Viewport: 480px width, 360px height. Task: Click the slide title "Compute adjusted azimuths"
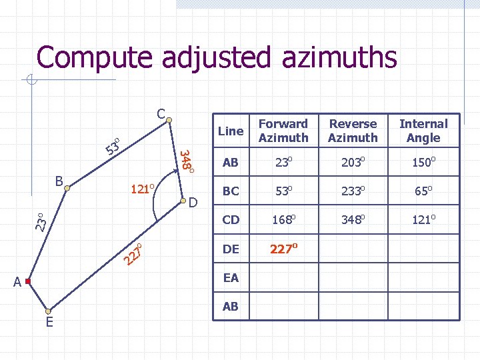(x=217, y=58)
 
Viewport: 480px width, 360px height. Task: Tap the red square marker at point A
(x=28, y=282)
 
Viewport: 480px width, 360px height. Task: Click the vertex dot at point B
(x=67, y=189)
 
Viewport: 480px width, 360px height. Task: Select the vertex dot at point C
(x=170, y=121)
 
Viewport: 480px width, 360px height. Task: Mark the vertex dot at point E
(x=48, y=311)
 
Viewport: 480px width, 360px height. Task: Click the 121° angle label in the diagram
(x=143, y=189)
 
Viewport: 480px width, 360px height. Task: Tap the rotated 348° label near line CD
(x=187, y=161)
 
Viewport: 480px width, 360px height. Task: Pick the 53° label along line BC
(x=115, y=145)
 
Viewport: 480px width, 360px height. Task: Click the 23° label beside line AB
(x=41, y=221)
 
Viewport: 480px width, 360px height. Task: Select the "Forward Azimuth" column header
(x=283, y=131)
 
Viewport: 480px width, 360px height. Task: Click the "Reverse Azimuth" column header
(x=353, y=131)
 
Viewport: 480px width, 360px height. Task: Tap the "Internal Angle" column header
(x=423, y=131)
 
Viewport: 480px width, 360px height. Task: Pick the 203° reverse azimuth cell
(x=353, y=161)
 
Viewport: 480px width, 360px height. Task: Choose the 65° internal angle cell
(x=423, y=191)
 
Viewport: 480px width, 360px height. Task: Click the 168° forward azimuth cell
(x=283, y=219)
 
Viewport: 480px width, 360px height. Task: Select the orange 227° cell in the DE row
(x=283, y=249)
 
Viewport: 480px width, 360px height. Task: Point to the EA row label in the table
(x=231, y=278)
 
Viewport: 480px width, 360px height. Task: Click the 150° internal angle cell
(x=423, y=161)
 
